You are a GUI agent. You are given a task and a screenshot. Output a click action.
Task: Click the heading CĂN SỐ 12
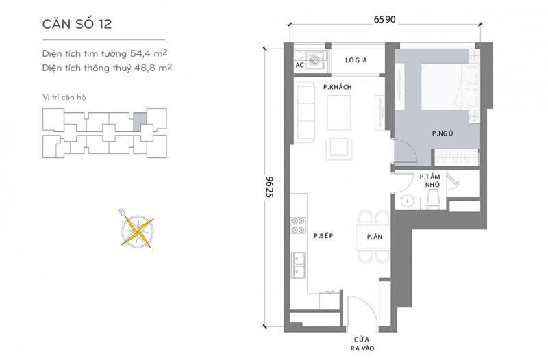click(77, 24)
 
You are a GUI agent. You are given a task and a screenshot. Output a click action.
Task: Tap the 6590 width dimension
click(384, 19)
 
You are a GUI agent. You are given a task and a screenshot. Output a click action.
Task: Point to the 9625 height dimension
click(269, 187)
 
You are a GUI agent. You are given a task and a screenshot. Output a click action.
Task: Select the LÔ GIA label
click(356, 60)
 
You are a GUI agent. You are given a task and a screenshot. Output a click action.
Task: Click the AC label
click(299, 65)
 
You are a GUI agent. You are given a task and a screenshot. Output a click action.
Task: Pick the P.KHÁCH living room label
click(337, 87)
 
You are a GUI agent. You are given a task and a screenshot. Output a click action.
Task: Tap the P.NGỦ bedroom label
click(443, 133)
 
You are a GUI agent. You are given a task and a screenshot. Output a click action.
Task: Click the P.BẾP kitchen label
click(323, 236)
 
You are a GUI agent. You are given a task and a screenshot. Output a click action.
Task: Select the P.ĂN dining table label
click(374, 237)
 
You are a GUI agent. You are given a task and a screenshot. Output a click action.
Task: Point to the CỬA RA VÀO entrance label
click(362, 344)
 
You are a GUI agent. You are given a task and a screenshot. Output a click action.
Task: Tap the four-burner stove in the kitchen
click(298, 225)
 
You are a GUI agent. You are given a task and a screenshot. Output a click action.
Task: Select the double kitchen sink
click(298, 266)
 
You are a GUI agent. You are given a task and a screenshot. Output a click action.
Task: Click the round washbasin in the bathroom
click(407, 201)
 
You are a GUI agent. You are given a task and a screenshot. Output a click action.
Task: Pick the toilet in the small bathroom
click(433, 199)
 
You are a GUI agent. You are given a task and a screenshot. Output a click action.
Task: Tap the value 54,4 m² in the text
click(149, 53)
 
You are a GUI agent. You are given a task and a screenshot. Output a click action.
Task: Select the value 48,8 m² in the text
click(153, 67)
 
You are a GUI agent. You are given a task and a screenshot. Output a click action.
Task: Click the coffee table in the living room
click(338, 112)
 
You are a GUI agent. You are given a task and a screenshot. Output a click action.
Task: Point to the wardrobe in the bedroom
click(456, 157)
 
